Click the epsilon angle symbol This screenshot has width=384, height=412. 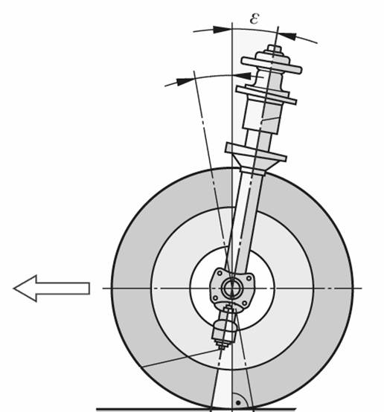255,19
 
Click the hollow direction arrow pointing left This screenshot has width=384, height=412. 52,289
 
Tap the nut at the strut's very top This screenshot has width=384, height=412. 275,49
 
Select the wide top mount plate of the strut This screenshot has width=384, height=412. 272,65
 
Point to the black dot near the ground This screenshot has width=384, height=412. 238,402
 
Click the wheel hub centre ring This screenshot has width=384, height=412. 232,289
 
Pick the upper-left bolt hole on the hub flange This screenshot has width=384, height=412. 220,274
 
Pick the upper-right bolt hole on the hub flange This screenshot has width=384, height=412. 249,278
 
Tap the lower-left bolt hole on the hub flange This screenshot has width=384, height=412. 215,298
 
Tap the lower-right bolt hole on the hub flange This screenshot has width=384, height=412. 244,303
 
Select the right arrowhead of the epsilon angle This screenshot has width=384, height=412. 287,36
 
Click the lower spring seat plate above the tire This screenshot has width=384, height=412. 256,152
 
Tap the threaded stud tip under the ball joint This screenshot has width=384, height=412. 221,346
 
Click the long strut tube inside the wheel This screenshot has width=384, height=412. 244,222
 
